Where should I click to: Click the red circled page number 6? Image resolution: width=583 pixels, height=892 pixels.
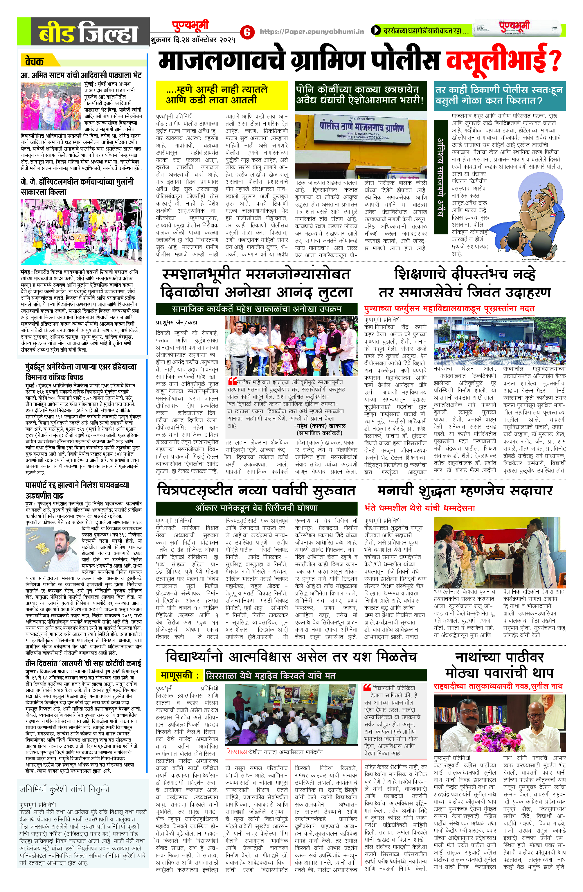pyautogui.click(x=247, y=32)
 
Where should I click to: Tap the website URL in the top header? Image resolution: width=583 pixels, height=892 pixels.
pyautogui.click(x=312, y=32)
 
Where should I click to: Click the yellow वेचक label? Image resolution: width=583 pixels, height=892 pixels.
pyautogui.click(x=35, y=61)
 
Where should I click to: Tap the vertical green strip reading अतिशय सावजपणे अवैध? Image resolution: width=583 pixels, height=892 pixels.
pyautogui.click(x=441, y=176)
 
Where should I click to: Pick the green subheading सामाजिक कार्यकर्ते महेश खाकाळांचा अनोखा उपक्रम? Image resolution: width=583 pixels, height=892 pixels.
pyautogui.click(x=256, y=309)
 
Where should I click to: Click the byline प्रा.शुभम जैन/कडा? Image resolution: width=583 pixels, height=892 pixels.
pyautogui.click(x=177, y=322)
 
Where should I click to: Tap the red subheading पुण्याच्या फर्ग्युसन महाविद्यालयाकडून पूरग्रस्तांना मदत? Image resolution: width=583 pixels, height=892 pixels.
pyautogui.click(x=449, y=309)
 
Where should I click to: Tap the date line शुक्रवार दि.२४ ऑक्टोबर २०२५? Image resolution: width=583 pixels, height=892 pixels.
pyautogui.click(x=193, y=40)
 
